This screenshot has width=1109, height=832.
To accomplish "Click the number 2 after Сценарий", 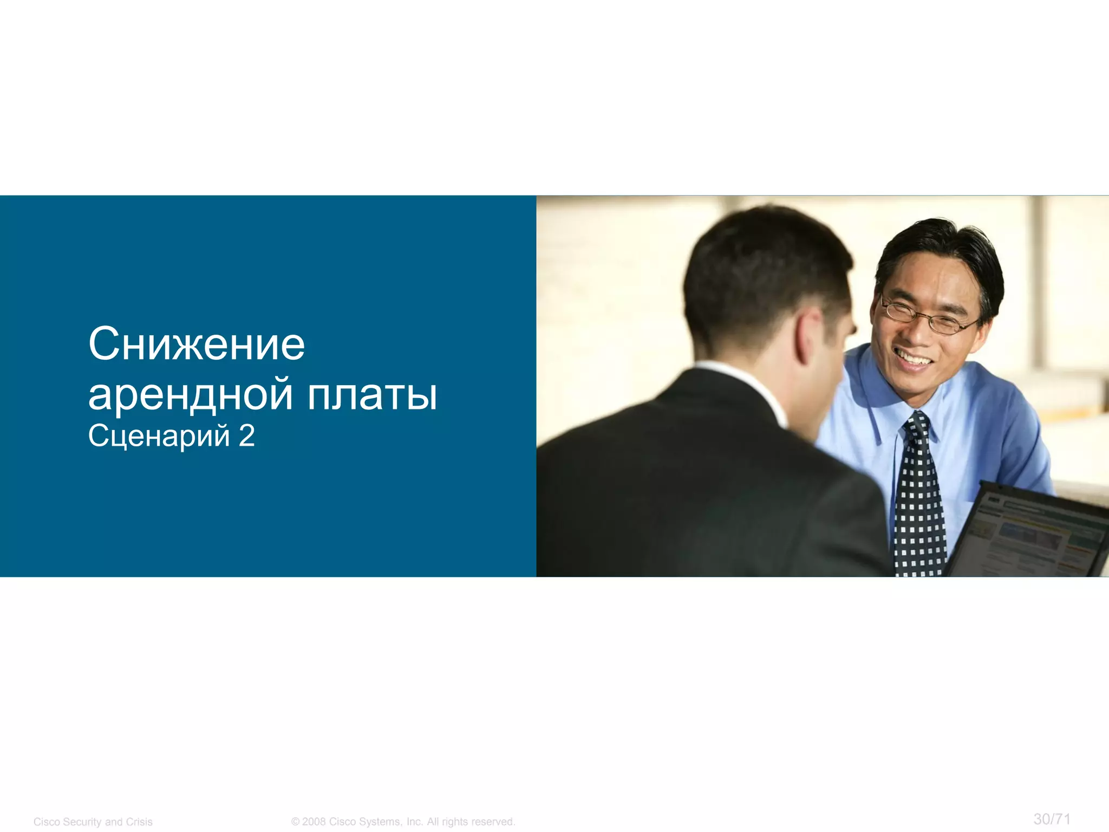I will pos(246,435).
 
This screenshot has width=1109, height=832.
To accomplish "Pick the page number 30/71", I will pos(1052,819).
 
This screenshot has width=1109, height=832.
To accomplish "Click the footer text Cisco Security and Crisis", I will pos(93,822).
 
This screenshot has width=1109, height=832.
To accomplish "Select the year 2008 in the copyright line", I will pos(314,822).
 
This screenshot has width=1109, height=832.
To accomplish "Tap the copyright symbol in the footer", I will pos(295,822).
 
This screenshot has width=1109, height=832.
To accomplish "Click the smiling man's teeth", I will pos(914,358).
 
